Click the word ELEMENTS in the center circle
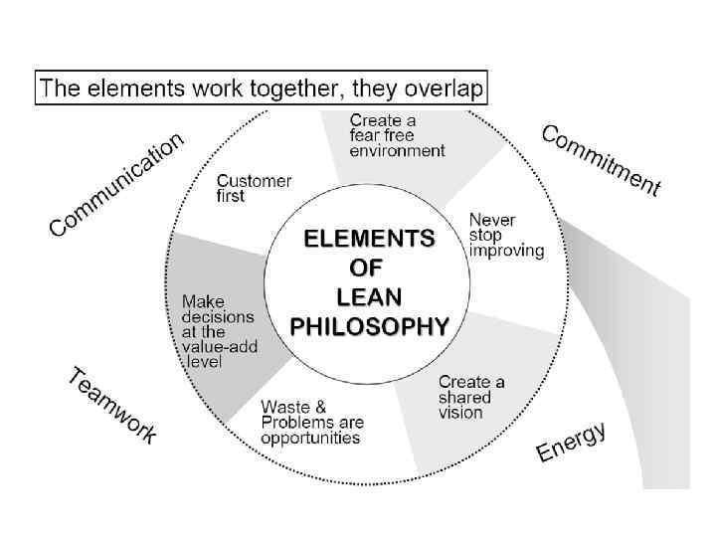click(369, 240)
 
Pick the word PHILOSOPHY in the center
click(369, 325)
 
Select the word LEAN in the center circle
click(369, 296)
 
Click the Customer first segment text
click(254, 189)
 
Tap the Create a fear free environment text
click(397, 135)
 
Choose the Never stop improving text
click(506, 235)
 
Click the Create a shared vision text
click(471, 397)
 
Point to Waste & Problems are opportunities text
click(311, 423)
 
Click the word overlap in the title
click(445, 89)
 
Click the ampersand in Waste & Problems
click(319, 406)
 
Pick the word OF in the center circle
click(369, 268)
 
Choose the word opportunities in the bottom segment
click(311, 439)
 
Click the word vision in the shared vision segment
click(460, 412)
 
